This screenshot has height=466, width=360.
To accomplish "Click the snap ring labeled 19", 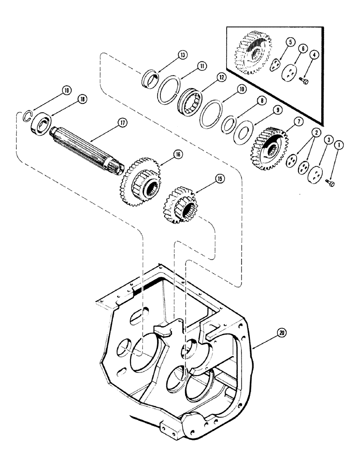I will (27, 116).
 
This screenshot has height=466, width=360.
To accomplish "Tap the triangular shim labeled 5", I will (277, 65).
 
